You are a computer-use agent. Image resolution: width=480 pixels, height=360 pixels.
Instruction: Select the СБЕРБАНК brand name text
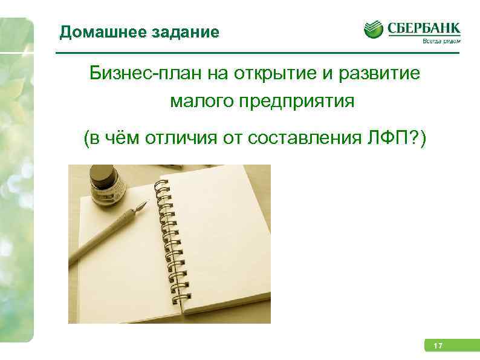pos(423,28)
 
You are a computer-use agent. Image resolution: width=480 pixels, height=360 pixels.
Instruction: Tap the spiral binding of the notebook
pos(172,242)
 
